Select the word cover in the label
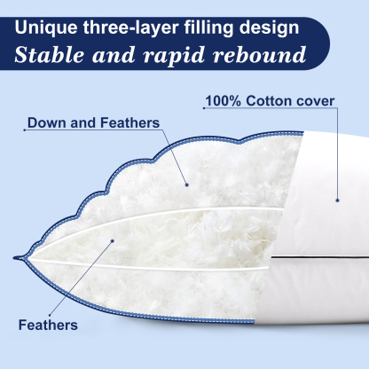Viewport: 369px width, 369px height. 316,101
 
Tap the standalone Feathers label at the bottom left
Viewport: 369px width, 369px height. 47,324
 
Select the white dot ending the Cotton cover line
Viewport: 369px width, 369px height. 338,200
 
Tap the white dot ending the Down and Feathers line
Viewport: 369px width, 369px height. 187,184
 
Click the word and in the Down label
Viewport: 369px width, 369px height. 82,122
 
